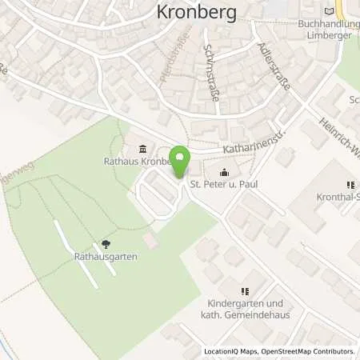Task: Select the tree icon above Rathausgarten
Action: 105,244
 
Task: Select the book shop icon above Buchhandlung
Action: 328,10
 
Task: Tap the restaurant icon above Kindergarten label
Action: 245,292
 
